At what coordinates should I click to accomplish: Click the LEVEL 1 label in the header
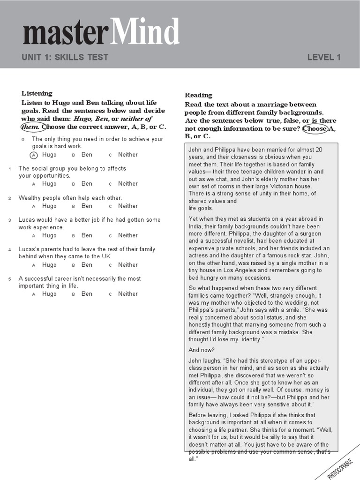pos(323,58)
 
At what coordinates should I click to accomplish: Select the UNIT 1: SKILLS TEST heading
pos(65,58)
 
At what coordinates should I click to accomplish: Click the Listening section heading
pos(37,93)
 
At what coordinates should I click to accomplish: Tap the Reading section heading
pos(198,95)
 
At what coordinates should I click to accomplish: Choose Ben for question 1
pos(87,184)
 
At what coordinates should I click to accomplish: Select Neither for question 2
pos(127,206)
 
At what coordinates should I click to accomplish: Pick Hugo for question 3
pos(49,235)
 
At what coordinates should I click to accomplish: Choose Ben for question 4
pos(87,265)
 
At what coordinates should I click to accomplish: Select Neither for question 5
pos(127,294)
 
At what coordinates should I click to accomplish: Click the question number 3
pos(9,220)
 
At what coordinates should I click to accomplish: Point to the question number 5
pos(9,279)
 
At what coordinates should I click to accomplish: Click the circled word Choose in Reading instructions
pos(315,128)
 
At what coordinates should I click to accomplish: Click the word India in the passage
pos(196,226)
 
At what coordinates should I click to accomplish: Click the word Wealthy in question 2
pos(30,198)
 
